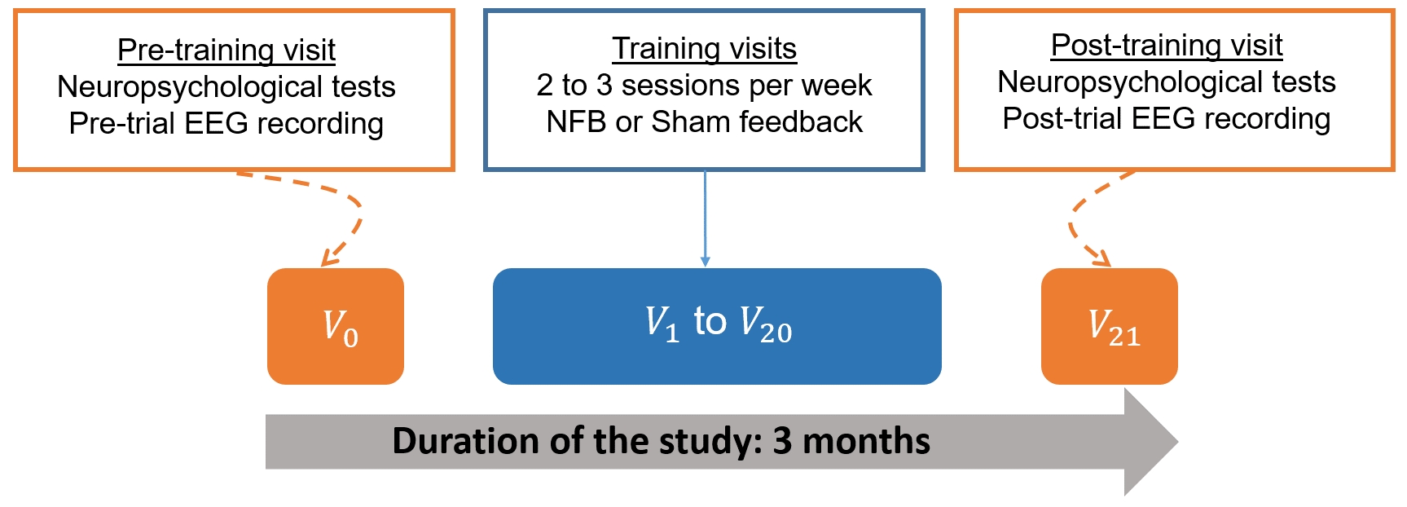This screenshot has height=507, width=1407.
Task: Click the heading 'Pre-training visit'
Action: [226, 51]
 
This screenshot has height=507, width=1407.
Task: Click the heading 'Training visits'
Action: [705, 49]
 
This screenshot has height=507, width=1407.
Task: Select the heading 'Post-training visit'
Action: [1167, 46]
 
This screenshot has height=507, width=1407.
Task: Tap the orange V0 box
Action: [336, 326]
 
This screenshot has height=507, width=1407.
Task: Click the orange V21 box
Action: [1110, 326]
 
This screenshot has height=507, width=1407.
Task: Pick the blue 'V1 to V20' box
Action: [717, 326]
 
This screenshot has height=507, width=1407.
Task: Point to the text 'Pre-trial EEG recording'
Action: [226, 124]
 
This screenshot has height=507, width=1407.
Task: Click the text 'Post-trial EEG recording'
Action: [1167, 119]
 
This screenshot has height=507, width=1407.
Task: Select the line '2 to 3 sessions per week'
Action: [705, 86]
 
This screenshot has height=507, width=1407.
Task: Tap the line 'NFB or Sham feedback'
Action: [705, 122]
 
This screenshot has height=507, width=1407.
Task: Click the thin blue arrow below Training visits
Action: [705, 218]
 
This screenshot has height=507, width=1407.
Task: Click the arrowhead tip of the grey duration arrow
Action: [1178, 442]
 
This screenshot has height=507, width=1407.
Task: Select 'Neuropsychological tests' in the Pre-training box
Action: [226, 87]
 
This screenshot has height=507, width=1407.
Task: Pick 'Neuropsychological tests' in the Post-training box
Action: [1167, 82]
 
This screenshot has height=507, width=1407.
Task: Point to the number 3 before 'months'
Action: [782, 441]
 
